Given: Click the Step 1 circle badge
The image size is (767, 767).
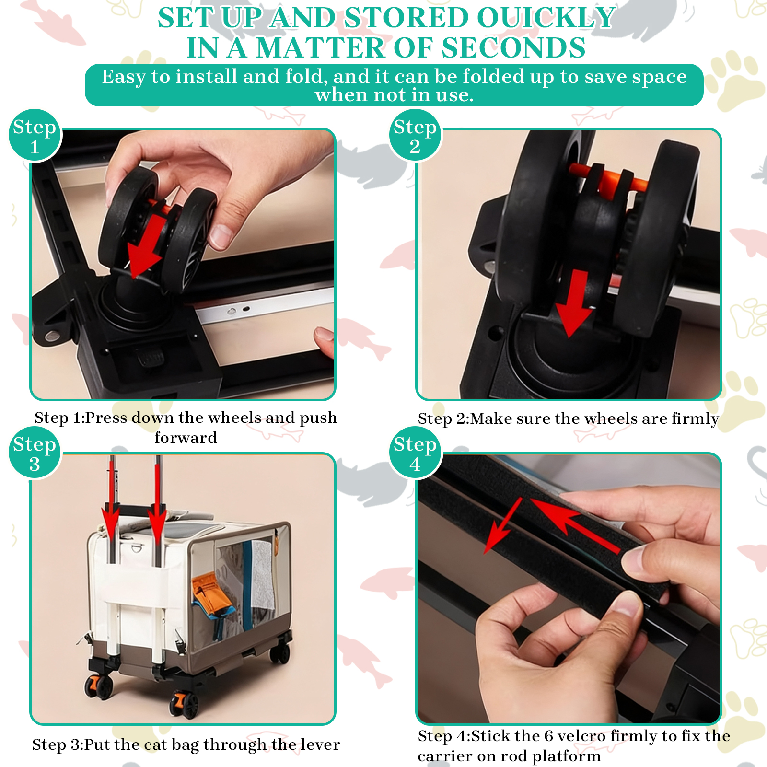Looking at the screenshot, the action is coord(35,136).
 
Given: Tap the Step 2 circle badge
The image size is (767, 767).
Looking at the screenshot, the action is coord(415,136).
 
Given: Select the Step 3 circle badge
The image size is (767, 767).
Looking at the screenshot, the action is coord(35,453).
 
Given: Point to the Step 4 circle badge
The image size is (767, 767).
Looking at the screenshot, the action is coord(415,453).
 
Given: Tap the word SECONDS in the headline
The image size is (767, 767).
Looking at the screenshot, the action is coord(513,48).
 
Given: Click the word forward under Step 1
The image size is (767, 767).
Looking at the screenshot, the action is coord(186,437).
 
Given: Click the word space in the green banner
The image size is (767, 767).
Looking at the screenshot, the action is coord(659,77).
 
